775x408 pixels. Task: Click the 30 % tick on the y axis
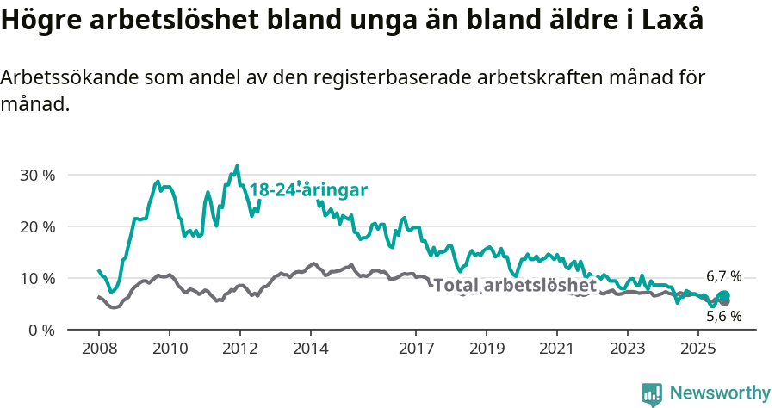click(x=37, y=175)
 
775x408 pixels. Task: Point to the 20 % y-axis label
click(x=37, y=226)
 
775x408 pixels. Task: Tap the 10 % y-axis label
click(x=37, y=278)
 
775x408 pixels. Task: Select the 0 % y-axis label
click(x=40, y=330)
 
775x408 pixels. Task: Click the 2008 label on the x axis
click(x=99, y=349)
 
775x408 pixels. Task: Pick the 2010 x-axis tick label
click(x=170, y=349)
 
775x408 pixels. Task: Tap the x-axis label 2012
click(x=239, y=349)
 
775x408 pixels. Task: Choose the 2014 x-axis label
click(x=311, y=349)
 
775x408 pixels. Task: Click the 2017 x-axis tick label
click(x=416, y=349)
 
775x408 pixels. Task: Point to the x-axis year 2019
click(x=487, y=349)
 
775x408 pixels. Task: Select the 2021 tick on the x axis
click(x=556, y=349)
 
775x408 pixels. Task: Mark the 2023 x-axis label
click(x=627, y=349)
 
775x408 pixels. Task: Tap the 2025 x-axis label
click(x=697, y=349)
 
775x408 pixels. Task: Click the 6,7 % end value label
click(x=723, y=276)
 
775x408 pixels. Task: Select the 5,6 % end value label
click(x=723, y=316)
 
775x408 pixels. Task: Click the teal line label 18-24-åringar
click(x=308, y=190)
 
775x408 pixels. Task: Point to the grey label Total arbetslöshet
click(x=515, y=285)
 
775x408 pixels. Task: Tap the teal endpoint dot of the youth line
click(x=724, y=296)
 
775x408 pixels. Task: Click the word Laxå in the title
click(x=672, y=21)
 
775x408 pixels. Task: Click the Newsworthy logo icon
click(x=652, y=394)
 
